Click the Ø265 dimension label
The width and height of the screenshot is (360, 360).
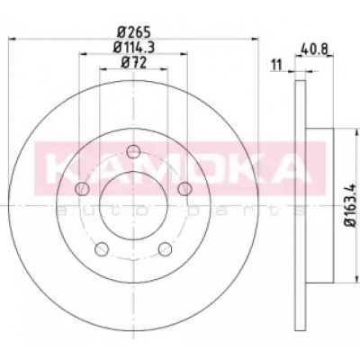point(133,31)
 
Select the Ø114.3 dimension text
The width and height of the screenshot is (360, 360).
point(133,47)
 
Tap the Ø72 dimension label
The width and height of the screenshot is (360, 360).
point(133,63)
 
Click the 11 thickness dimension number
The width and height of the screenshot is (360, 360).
point(277,65)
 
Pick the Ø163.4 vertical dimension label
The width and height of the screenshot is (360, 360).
point(351,205)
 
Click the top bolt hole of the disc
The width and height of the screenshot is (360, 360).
point(133,151)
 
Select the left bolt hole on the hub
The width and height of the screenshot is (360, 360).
point(82,189)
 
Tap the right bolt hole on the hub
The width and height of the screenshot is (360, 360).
point(184,189)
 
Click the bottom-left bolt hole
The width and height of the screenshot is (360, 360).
point(102,249)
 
